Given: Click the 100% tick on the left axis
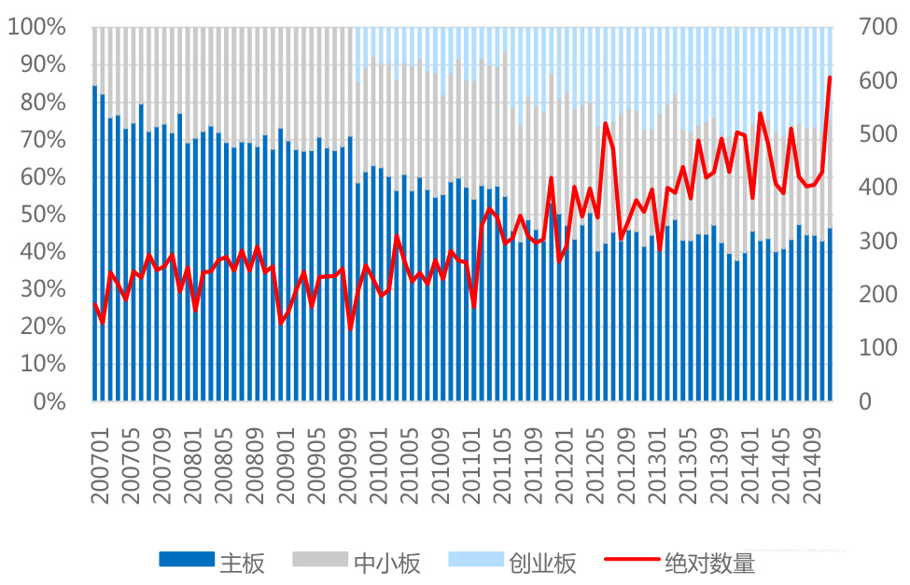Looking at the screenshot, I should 37,27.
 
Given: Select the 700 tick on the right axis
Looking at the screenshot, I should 877,27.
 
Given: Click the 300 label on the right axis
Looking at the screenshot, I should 877,241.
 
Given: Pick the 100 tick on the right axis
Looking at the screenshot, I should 877,348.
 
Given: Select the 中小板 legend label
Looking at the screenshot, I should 386,563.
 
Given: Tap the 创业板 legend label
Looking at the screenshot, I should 542,563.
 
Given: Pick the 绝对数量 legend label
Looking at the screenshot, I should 709,563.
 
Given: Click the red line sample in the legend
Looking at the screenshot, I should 631,561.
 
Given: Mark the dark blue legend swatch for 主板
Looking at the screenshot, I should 186,561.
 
